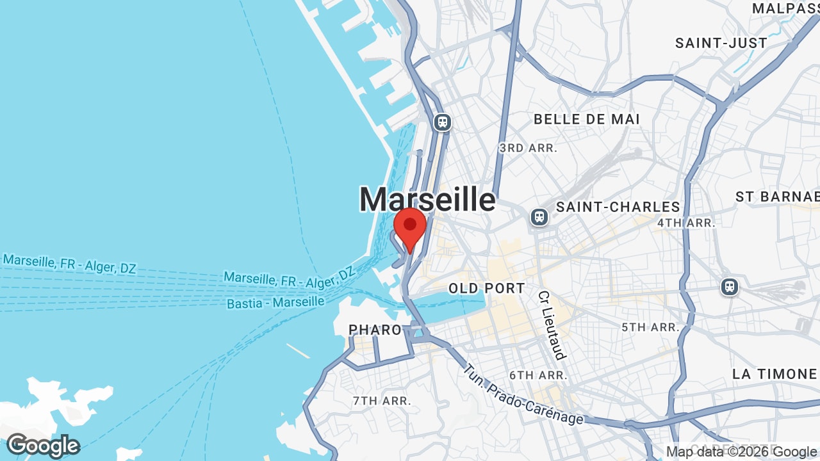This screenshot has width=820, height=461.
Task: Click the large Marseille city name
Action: (x=427, y=199)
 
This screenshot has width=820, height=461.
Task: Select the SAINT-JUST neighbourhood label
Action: (x=721, y=43)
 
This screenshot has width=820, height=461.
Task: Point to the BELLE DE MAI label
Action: (x=586, y=119)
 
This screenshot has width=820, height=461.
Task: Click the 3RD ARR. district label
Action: (x=529, y=148)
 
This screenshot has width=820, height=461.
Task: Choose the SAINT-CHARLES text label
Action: (x=618, y=207)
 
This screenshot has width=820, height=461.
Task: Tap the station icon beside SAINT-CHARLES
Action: (x=539, y=217)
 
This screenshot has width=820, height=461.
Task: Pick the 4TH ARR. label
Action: (x=685, y=223)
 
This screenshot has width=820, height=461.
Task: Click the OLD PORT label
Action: (x=487, y=288)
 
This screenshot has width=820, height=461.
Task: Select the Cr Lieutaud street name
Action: (x=552, y=325)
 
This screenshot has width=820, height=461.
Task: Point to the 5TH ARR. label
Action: (x=650, y=327)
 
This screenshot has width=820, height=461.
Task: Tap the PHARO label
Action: (x=375, y=330)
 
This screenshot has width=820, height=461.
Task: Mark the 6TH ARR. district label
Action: (x=538, y=375)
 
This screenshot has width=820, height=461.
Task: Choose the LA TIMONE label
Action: (x=775, y=374)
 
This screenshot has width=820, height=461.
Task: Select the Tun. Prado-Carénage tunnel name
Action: (x=523, y=394)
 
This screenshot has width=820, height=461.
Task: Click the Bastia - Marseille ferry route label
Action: (x=275, y=302)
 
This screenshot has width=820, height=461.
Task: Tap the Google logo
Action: (x=43, y=446)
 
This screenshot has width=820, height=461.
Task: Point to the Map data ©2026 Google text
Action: (x=742, y=452)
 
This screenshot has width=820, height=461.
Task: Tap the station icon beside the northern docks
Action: (x=442, y=122)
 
